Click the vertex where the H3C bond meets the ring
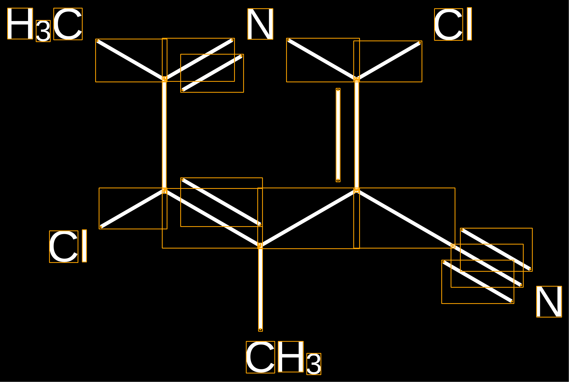[165, 79]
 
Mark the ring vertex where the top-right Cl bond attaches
[356, 79]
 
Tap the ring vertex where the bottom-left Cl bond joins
[165, 190]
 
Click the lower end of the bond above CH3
[261, 329]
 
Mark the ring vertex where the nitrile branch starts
[356, 190]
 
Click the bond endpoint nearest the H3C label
[98, 41]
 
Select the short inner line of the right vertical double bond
[338, 135]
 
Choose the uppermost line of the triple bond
[496, 250]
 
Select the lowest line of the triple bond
[478, 282]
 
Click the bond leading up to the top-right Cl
[388, 61]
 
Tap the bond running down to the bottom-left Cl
[133, 209]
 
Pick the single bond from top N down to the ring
[323, 60]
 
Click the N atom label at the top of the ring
[260, 24]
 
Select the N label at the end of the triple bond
[549, 302]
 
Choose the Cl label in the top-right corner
[453, 24]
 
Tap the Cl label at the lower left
[68, 246]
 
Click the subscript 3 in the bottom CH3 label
[314, 364]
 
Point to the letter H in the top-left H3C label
[20, 23]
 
